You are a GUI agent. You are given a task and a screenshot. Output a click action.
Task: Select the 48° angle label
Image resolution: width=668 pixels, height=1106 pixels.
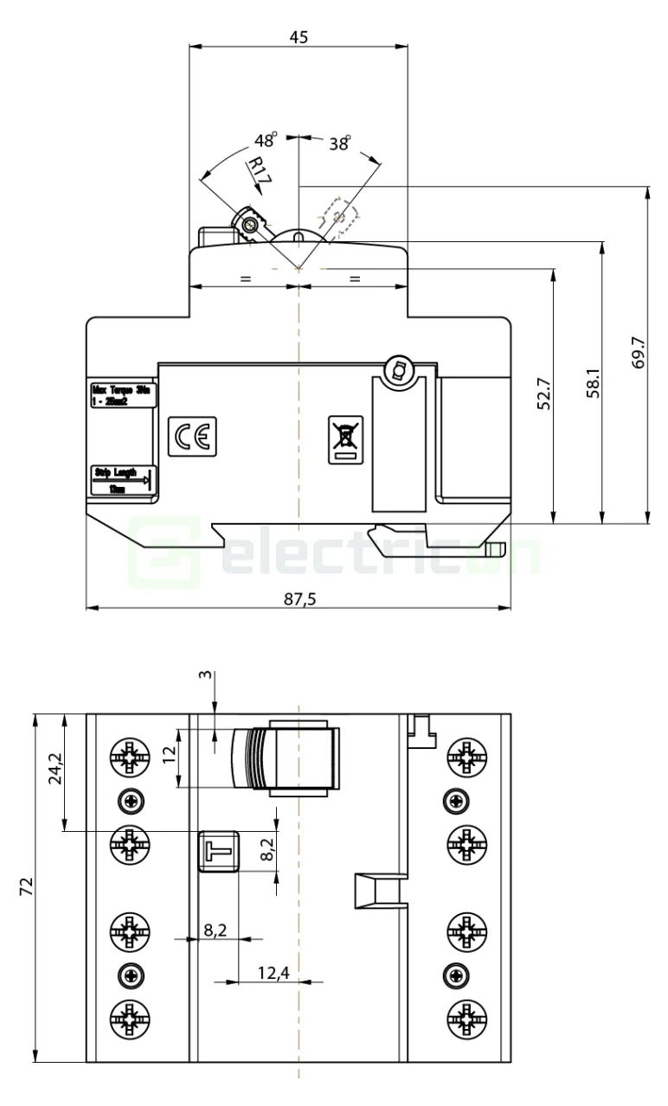266,140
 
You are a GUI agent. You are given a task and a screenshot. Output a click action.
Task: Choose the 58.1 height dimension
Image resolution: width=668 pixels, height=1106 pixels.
593,380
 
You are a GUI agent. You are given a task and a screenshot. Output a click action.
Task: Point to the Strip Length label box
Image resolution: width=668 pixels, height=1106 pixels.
122,479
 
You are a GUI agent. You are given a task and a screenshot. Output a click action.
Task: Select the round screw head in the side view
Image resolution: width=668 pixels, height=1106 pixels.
399,372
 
